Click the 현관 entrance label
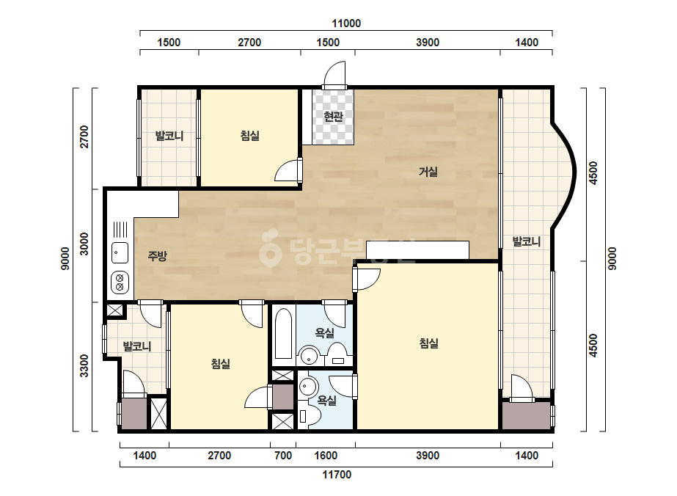coord(333,116)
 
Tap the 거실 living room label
coord(428,172)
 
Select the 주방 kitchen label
coord(157,256)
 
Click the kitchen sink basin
coord(120,252)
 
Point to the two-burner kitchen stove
coord(120,282)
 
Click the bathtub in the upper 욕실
coord(283,334)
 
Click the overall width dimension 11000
coord(346,23)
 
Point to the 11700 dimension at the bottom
coord(337,475)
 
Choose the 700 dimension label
coord(283,456)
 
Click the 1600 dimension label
coord(326,456)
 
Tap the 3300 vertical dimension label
coord(84,365)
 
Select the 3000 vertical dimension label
coord(84,244)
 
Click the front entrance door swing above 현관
coord(335,74)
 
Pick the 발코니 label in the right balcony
coord(527,241)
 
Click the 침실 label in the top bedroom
coord(250,136)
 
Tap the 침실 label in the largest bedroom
coord(429,343)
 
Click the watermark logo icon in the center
coord(270,247)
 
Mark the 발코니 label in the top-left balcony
coord(169,136)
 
